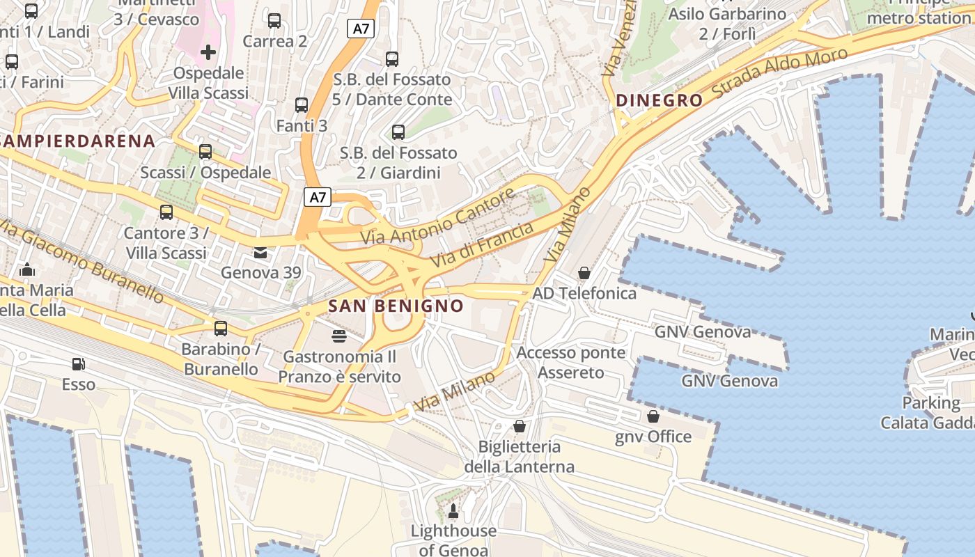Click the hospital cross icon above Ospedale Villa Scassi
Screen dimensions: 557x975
208,52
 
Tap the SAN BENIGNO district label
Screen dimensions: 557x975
396,306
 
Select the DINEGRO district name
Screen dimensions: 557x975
660,100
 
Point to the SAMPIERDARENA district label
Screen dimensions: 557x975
77,141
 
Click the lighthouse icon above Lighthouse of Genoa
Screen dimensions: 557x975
453,511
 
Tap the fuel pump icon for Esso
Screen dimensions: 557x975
79,363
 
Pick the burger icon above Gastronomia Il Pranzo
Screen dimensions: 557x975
339,337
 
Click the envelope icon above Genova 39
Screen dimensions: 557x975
260,252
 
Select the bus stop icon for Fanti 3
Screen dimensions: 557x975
301,105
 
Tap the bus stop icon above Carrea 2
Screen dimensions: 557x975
274,21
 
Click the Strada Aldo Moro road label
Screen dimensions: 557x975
781,72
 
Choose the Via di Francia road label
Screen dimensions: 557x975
482,246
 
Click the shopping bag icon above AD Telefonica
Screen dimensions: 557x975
584,273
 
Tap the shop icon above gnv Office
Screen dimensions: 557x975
653,416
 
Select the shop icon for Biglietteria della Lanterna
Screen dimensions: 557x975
519,426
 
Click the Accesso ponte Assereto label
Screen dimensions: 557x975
571,362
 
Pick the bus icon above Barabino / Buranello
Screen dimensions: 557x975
221,329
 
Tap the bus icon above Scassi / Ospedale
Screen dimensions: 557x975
205,152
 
